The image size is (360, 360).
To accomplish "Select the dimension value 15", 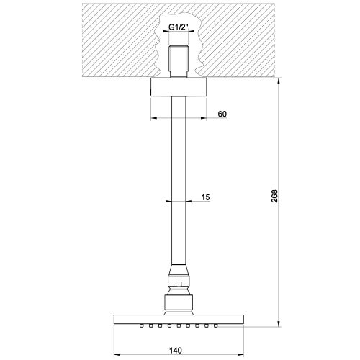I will click(x=205, y=197).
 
